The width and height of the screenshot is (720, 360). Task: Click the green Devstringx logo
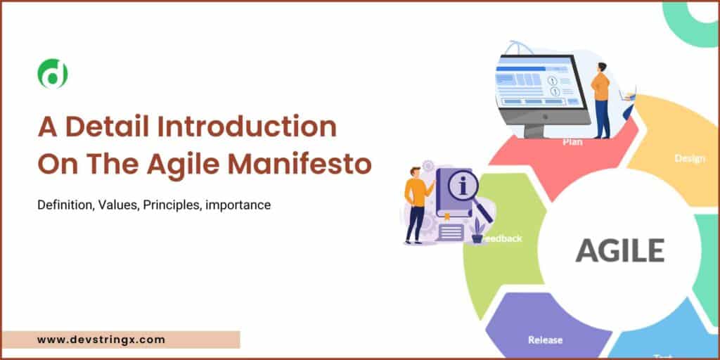click(x=53, y=74)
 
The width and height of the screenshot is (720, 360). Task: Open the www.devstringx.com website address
click(x=101, y=340)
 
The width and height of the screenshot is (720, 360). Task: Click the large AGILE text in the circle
click(x=620, y=250)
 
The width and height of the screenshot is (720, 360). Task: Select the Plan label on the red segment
click(x=572, y=141)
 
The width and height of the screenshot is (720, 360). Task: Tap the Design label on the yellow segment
click(x=689, y=158)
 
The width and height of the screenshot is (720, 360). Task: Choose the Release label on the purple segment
click(x=545, y=340)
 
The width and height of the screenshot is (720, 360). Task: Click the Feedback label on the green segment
click(x=503, y=238)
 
